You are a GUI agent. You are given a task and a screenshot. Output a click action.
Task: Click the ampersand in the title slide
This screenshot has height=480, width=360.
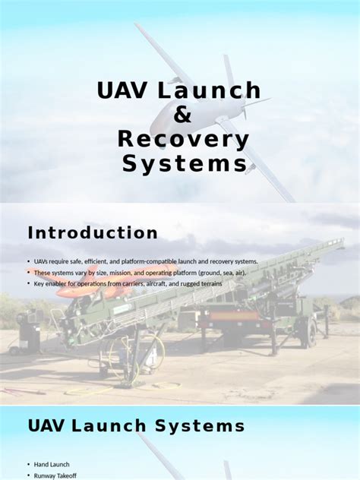click(x=179, y=115)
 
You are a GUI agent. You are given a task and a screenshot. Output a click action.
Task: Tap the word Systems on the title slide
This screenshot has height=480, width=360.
click(x=185, y=164)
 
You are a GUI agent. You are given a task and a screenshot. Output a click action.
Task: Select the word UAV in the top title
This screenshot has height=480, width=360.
click(x=124, y=91)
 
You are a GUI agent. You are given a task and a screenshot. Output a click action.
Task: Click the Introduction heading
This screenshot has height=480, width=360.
click(x=93, y=233)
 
